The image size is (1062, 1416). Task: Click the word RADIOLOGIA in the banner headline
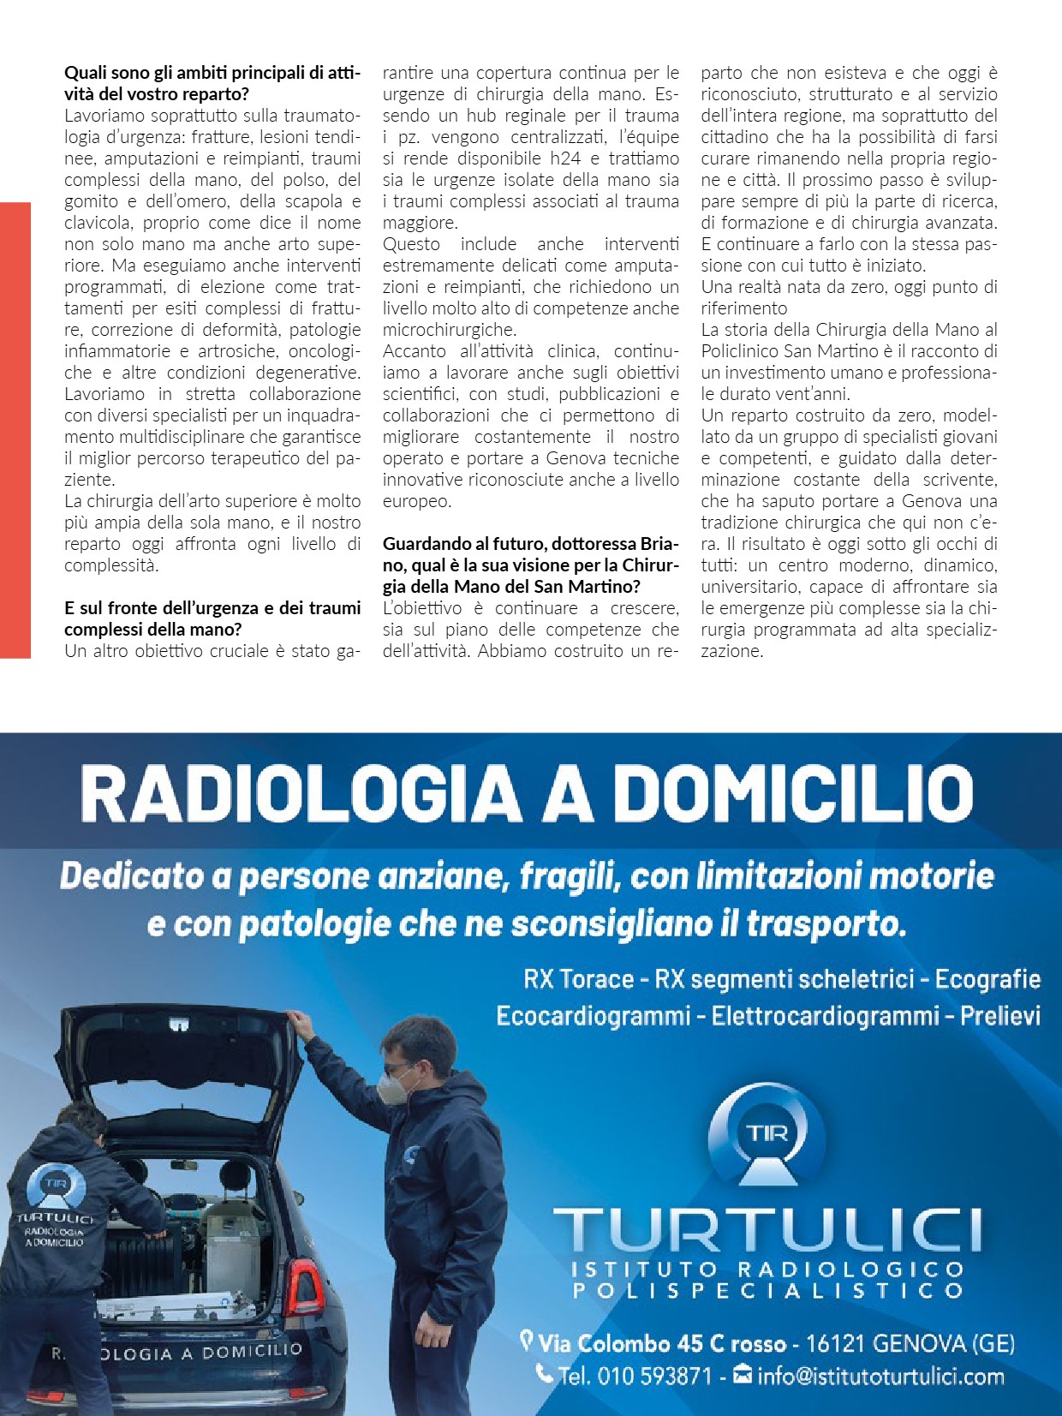301,793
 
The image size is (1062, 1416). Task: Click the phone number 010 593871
654,1377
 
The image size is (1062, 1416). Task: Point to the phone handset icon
544,1374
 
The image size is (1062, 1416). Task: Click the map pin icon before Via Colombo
527,1340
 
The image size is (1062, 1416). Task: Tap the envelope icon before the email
743,1376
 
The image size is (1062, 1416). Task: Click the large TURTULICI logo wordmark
767,1230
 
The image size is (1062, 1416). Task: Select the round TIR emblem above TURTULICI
767,1134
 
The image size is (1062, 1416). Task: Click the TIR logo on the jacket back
57,1186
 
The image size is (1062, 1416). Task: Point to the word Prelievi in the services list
999,1016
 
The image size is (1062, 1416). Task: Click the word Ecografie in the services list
987,979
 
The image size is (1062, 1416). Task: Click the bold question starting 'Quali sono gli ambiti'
212,83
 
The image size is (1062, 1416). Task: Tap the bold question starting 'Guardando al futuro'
530,565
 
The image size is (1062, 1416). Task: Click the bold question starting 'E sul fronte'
212,618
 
